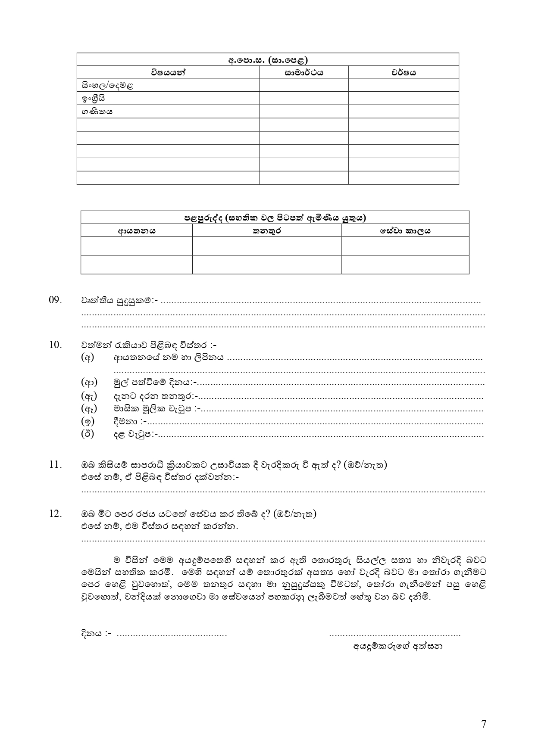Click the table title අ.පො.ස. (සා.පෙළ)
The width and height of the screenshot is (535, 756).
point(268,60)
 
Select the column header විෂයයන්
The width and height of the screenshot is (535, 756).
point(168,72)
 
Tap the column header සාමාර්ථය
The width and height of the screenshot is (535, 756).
point(303,72)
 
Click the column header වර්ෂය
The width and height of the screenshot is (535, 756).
point(404,72)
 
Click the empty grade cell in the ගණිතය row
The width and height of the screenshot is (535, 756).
point(303,112)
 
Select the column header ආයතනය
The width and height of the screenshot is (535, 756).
point(137,231)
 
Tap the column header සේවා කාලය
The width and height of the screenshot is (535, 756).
point(405,231)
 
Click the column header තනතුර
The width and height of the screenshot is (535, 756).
point(266,231)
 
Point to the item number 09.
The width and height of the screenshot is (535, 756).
point(56,300)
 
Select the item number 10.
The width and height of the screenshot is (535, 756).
point(56,345)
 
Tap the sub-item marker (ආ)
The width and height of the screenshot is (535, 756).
point(89,382)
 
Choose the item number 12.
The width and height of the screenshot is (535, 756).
point(56,514)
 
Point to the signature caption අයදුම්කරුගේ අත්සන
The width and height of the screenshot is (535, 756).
point(397,646)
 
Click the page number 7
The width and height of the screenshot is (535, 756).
point(484,724)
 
